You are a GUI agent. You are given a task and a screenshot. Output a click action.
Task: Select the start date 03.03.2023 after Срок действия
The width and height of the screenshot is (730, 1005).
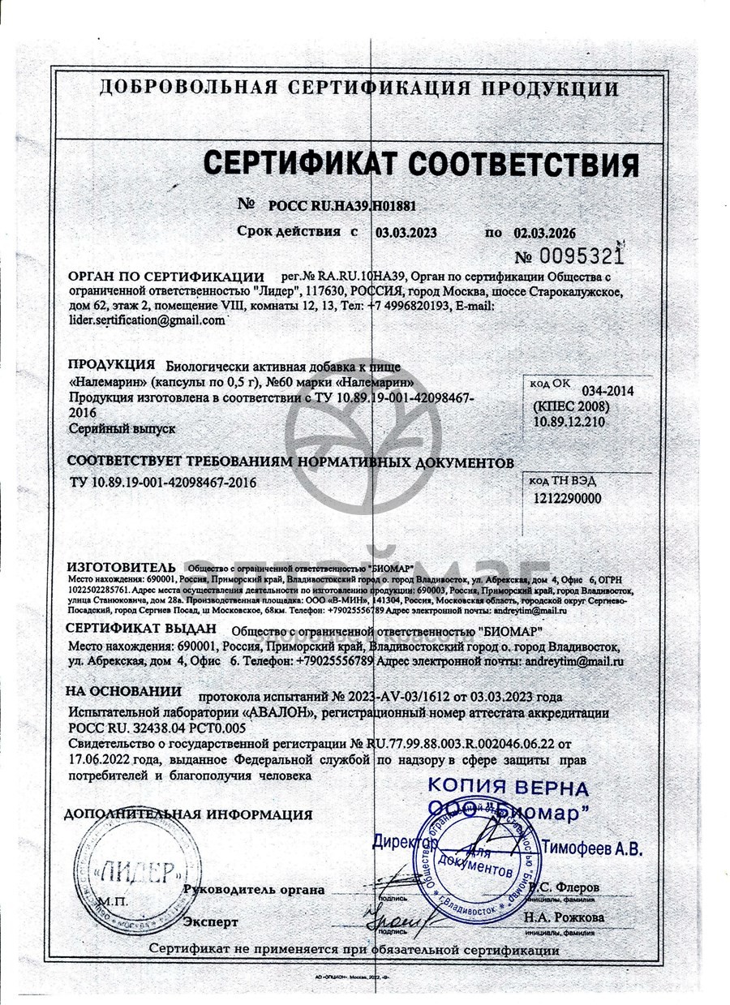(406, 232)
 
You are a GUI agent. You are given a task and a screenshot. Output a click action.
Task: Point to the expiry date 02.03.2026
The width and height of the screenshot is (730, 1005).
(551, 232)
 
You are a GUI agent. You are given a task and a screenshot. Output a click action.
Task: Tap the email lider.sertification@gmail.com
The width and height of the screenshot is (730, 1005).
(147, 320)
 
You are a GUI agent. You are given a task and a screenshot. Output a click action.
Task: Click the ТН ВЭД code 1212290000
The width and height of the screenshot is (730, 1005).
(569, 499)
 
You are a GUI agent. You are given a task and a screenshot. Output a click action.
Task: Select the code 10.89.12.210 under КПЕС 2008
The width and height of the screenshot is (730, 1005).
(569, 422)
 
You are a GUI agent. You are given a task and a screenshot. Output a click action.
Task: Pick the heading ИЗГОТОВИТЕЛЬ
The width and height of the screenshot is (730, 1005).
(121, 565)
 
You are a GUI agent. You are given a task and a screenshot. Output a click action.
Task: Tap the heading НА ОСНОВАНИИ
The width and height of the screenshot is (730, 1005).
(123, 692)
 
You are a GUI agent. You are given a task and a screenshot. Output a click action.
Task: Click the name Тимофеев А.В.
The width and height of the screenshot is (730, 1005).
(591, 848)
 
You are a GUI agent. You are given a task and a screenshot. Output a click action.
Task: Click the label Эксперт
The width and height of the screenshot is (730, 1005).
(211, 922)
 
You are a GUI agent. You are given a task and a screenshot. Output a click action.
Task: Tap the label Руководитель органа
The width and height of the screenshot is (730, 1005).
(254, 889)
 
